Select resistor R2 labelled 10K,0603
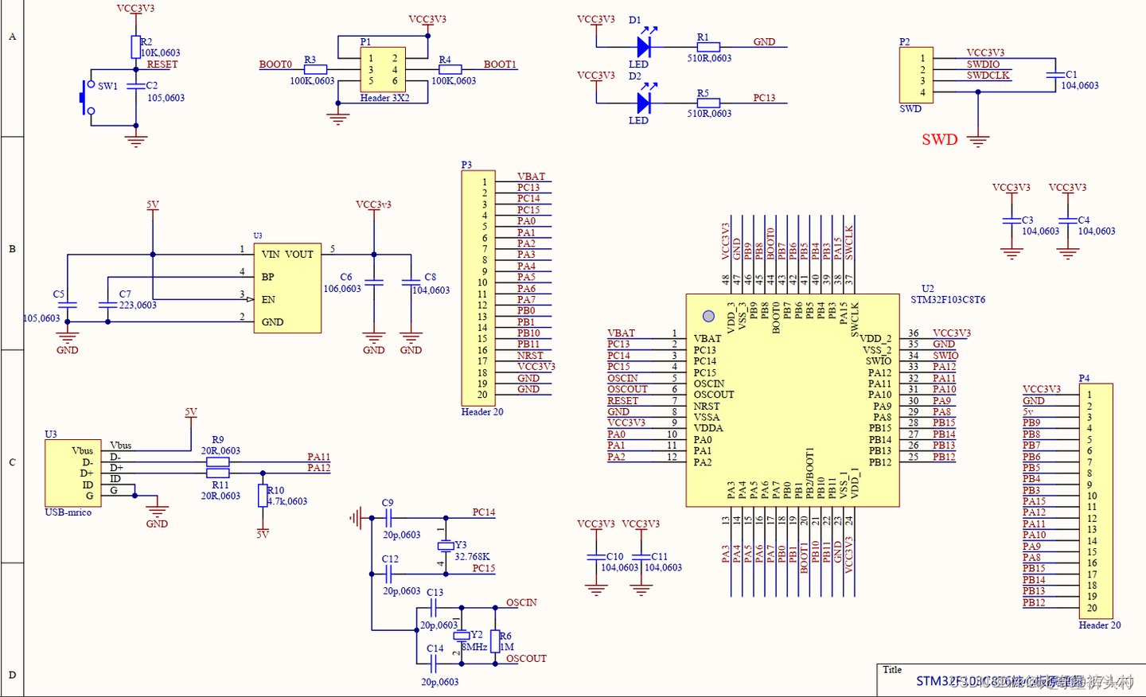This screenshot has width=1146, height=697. [136, 47]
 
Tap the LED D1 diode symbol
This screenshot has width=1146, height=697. [644, 47]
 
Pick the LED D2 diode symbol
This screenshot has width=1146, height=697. [644, 103]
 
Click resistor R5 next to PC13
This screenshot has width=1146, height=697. [707, 103]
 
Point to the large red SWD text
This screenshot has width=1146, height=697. [939, 139]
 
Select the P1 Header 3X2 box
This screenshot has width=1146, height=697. [383, 70]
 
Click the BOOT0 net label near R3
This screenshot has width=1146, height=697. [275, 64]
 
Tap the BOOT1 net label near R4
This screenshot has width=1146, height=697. [500, 64]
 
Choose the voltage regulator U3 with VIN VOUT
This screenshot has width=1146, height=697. [287, 288]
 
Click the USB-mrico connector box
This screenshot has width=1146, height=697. [73, 473]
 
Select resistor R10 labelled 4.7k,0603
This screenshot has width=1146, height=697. [263, 496]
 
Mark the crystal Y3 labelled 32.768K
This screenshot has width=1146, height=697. [446, 546]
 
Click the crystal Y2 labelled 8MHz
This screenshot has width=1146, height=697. [461, 636]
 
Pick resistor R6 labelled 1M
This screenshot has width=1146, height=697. [495, 641]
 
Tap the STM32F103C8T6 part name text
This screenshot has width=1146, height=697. [948, 300]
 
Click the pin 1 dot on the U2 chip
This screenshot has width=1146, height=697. [708, 316]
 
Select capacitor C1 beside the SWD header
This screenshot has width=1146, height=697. [1056, 76]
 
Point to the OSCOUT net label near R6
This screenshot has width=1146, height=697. [526, 659]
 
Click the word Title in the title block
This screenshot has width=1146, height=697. [892, 670]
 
